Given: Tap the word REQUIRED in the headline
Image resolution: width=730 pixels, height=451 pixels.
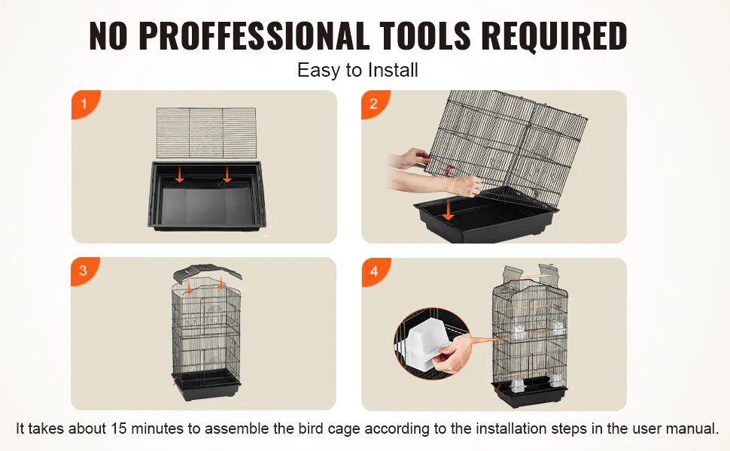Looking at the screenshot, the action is click(x=554, y=35).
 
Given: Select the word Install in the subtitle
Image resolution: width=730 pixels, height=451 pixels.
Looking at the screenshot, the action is click(x=393, y=70).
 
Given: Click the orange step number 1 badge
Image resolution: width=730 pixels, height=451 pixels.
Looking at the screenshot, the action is click(x=85, y=104).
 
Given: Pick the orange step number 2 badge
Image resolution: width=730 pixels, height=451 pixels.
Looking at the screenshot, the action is click(x=375, y=104).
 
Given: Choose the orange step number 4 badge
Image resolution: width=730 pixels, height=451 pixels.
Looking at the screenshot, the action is click(x=376, y=271).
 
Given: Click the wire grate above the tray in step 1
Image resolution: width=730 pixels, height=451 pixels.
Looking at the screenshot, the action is click(x=206, y=133).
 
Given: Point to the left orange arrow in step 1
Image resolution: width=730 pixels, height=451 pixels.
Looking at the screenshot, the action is click(x=180, y=175).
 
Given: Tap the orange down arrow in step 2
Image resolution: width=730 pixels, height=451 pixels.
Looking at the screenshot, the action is click(x=448, y=208).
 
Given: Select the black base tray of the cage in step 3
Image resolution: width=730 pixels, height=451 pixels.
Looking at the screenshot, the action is click(x=206, y=386).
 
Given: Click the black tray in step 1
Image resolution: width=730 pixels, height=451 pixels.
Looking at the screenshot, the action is click(x=207, y=195).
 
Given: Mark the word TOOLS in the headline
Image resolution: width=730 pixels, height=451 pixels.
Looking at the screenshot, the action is click(x=425, y=35).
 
